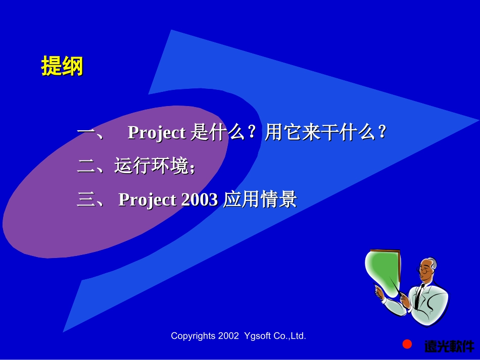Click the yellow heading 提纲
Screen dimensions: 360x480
pos(62,66)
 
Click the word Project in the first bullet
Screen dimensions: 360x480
pos(157,133)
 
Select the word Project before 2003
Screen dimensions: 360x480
pos(148,200)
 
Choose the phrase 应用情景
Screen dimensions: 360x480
pos(260,200)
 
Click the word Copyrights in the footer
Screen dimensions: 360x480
pos(193,336)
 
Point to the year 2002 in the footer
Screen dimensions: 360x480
pos(228,336)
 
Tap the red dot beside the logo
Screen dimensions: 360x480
pos(407,344)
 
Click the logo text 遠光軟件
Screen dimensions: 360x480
pos(449,346)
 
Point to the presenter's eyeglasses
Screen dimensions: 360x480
pos(426,271)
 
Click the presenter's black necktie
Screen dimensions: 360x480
pos(419,295)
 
